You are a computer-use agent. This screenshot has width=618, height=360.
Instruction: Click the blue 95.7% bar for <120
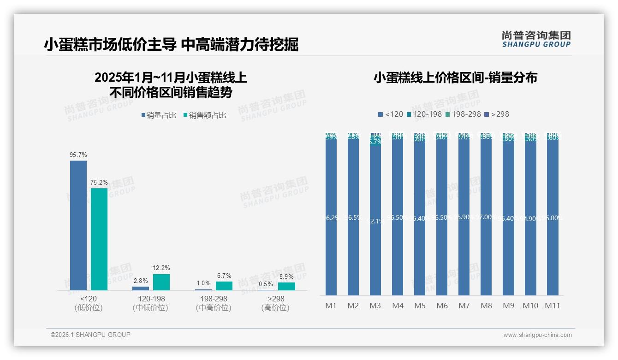[78, 225]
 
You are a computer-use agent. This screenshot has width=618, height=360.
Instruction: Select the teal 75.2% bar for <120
[99, 239]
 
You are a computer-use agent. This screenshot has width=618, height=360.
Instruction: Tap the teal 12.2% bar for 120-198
[161, 282]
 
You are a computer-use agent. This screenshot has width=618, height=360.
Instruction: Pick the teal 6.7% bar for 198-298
[224, 286]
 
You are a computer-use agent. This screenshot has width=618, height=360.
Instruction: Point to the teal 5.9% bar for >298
[286, 286]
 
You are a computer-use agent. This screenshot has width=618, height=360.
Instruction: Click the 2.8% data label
[141, 281]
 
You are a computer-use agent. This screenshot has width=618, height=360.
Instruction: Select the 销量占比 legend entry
[159, 115]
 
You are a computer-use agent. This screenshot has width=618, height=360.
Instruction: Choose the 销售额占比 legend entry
[205, 115]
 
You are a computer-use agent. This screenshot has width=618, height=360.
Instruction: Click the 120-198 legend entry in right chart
[424, 114]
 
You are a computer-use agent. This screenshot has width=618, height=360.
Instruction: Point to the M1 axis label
[331, 306]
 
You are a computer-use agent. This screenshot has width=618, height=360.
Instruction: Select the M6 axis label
[442, 306]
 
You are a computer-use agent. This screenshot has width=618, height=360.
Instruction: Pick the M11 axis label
[552, 306]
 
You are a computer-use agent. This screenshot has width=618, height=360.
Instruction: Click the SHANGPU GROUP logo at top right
[536, 39]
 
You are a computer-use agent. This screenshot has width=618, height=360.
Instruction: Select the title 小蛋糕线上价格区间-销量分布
[455, 78]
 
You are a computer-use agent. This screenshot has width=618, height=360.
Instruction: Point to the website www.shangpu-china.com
[537, 335]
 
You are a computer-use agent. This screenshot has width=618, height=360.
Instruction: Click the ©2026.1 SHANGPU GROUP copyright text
[90, 335]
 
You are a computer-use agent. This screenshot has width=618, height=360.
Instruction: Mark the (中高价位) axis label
[214, 308]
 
